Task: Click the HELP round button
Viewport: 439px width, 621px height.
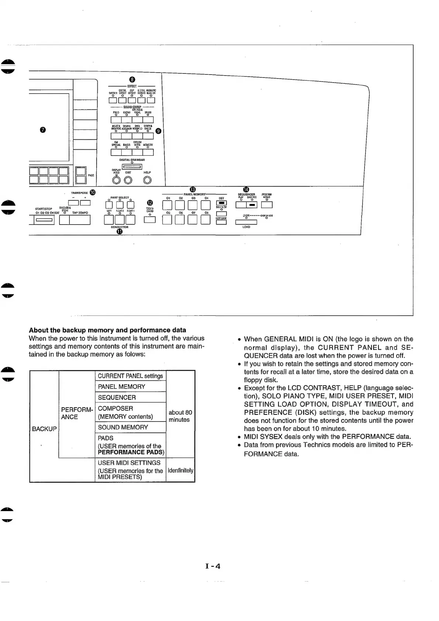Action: click(148, 180)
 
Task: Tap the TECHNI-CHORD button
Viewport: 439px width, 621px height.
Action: click(150, 220)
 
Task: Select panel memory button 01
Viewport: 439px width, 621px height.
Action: click(167, 205)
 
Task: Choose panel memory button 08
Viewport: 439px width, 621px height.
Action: click(206, 220)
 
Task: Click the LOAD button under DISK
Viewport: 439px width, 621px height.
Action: click(246, 222)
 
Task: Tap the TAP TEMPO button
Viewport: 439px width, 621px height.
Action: click(80, 220)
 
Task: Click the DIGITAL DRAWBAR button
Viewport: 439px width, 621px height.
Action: click(132, 166)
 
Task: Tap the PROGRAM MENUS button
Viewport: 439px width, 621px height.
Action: click(266, 205)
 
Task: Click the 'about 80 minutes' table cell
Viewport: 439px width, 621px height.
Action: click(180, 416)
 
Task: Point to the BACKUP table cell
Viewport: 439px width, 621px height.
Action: click(44, 429)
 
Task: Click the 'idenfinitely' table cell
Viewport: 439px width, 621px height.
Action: click(180, 470)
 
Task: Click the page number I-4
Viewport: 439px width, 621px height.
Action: click(213, 566)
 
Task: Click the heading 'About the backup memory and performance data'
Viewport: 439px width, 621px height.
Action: click(107, 330)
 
